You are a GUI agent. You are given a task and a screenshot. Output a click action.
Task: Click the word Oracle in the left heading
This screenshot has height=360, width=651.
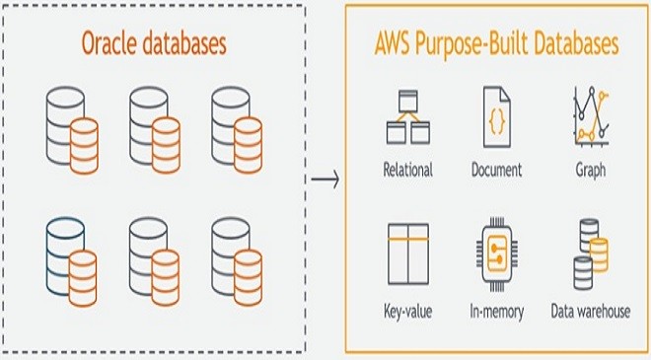tap(108, 43)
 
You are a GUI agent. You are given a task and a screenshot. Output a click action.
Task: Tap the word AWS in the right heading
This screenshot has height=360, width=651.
tap(393, 43)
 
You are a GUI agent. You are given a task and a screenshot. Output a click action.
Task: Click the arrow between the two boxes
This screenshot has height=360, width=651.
tap(325, 180)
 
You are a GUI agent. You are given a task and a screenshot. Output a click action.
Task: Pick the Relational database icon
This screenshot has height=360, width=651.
tap(408, 117)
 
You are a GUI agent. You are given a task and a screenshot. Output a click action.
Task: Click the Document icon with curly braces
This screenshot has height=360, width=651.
tap(496, 116)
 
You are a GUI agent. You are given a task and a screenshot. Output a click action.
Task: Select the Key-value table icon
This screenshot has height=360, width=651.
tap(408, 254)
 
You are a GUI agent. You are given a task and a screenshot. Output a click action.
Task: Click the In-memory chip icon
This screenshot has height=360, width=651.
tap(496, 254)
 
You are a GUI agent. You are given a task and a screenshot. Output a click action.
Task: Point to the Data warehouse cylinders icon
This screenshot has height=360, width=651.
tap(591, 254)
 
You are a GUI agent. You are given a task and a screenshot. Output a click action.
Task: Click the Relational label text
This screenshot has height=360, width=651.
tap(407, 170)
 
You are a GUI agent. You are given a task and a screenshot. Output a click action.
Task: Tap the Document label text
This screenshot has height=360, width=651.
tap(496, 170)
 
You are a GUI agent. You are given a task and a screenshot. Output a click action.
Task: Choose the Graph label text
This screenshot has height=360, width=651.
tap(591, 171)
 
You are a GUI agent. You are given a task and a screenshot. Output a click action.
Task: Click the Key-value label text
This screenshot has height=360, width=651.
tap(407, 312)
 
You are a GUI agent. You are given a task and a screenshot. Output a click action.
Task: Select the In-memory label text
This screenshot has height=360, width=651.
tap(496, 312)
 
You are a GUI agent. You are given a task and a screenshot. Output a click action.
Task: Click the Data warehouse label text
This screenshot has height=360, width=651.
tap(591, 311)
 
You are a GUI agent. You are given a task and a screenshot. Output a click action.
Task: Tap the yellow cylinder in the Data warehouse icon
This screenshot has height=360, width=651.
tap(599, 254)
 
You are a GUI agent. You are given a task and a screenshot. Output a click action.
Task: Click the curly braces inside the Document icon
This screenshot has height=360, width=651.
tap(496, 122)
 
